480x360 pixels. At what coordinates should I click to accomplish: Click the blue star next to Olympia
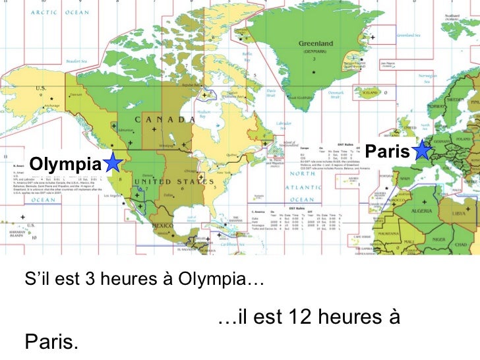point(114,162)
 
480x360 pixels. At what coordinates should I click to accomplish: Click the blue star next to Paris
point(422,150)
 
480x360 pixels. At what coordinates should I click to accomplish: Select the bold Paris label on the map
point(388,151)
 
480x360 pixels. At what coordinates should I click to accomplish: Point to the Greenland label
point(316,44)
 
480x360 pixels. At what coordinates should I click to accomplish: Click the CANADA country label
point(165,119)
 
